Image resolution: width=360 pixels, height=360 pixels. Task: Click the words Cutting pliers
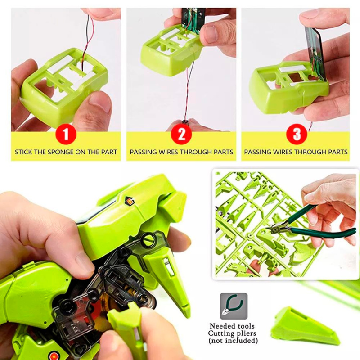tap(233, 333)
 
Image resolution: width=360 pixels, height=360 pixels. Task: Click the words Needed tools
tap(232, 326)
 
